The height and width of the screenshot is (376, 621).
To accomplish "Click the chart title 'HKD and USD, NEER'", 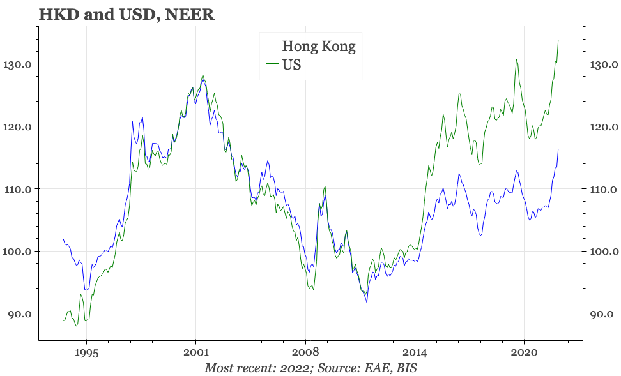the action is coord(126,14).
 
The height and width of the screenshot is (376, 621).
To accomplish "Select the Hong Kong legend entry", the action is coord(310,47).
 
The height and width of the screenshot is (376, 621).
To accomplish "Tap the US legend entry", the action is coord(283,64).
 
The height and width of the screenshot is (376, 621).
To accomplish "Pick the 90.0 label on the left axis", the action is coord(19,314).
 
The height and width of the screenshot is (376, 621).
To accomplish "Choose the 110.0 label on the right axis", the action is coord(604,189).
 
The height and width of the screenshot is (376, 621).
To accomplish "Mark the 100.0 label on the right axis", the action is coord(604,252).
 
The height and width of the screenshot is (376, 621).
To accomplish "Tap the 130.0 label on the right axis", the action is coord(604,64).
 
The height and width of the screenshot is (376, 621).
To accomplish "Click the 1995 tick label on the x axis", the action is coord(87,352).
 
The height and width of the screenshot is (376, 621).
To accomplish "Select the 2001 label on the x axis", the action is coord(195,352).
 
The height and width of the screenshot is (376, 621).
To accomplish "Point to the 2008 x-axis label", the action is coord(305,352).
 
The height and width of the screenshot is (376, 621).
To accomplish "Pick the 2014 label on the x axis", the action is coord(415,352).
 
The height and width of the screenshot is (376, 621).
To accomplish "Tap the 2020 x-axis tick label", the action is coord(524,352).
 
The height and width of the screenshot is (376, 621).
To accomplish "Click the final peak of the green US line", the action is coord(558,40).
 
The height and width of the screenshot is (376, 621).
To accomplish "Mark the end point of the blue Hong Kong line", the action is coord(558,149).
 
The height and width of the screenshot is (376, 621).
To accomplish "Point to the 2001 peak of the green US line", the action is coord(203,75).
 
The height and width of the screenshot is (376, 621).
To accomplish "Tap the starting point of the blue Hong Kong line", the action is coord(63,239).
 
